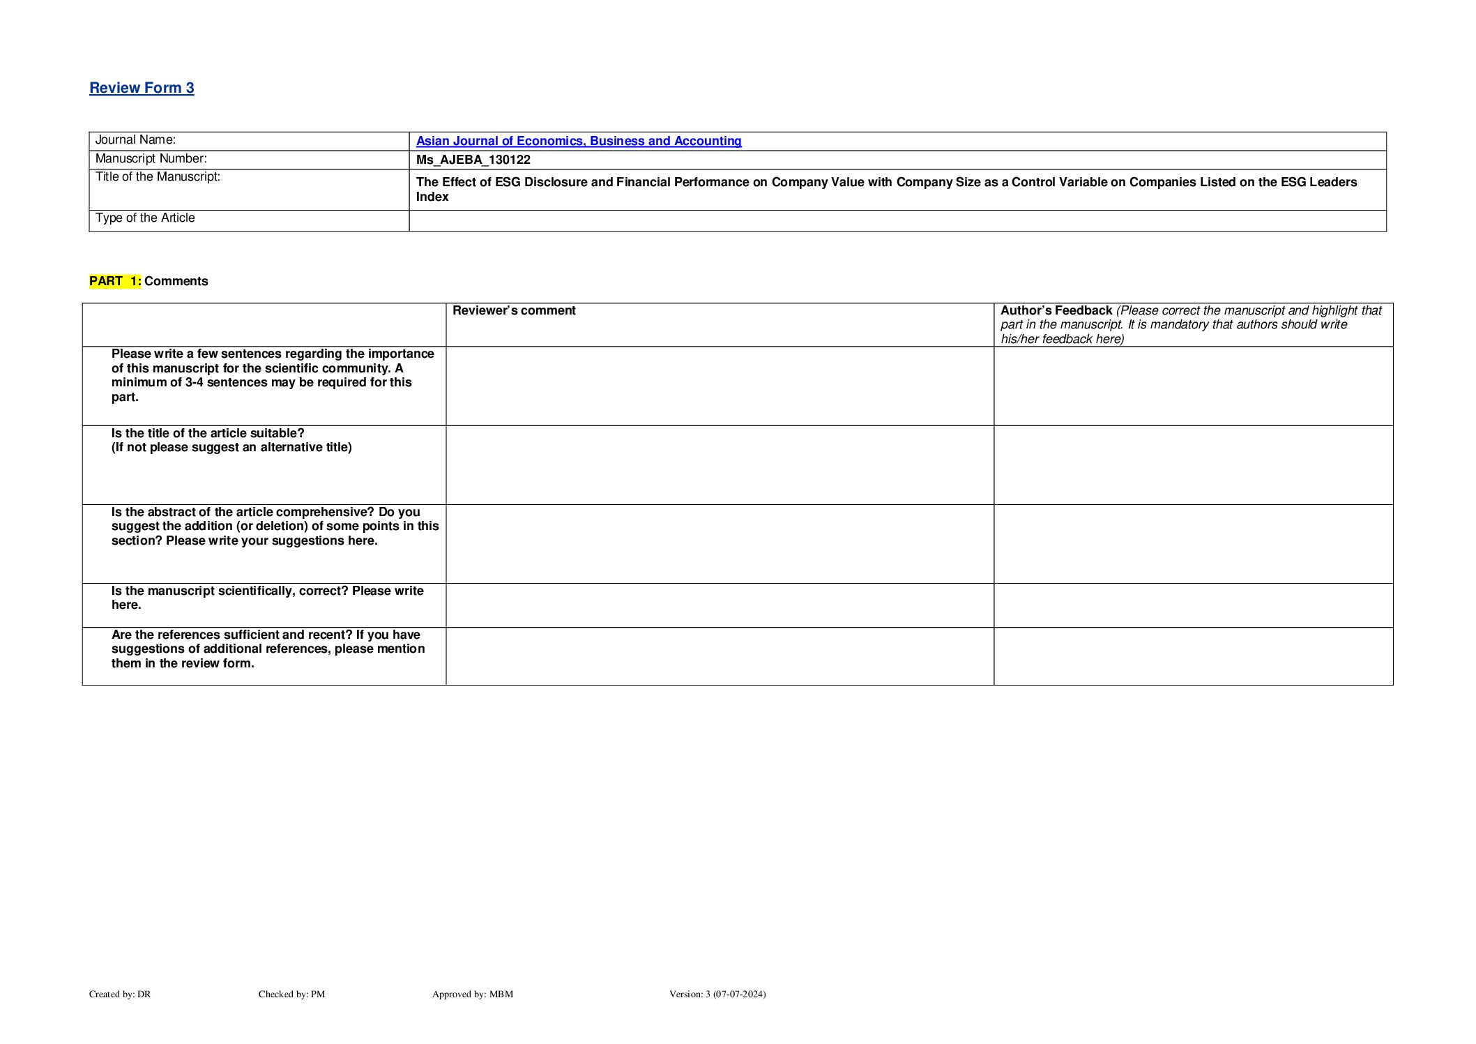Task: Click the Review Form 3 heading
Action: point(142,88)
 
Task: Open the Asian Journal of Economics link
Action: point(578,141)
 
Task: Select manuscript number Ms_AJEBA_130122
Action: point(473,160)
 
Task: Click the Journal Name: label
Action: point(135,140)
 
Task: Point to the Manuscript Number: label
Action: point(151,159)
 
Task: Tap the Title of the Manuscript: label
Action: point(158,177)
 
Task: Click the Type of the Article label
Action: point(145,218)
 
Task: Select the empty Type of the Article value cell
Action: point(897,221)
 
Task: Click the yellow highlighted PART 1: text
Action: point(115,281)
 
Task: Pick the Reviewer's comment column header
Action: point(514,311)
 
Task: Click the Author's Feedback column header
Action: point(1056,311)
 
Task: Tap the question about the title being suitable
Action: point(231,440)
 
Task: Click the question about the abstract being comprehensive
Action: point(275,527)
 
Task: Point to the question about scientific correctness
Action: point(267,598)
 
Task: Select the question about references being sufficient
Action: point(268,649)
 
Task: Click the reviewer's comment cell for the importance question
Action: point(719,386)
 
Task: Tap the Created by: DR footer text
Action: point(120,994)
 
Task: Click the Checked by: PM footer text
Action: point(291,994)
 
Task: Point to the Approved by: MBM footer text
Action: point(472,994)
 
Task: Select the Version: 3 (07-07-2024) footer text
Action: point(717,994)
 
